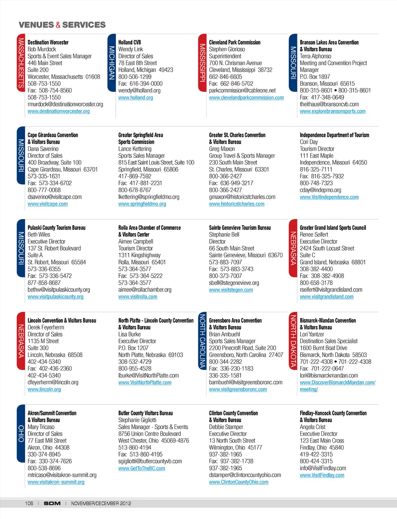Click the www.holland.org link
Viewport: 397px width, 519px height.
135,98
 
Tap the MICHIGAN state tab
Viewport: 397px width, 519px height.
112,63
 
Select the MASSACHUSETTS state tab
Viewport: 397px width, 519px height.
21,63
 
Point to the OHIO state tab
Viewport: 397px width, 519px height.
21,433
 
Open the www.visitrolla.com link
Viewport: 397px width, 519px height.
137,297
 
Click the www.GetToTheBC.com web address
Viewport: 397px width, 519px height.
141,468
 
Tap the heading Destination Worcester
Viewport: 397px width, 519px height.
48,42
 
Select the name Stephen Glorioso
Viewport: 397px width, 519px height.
227,49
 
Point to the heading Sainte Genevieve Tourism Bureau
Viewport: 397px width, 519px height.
239,228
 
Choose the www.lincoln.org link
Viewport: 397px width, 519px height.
44,389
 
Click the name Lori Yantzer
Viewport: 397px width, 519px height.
312,334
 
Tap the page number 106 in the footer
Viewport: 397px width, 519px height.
29,503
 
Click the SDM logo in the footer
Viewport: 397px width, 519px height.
52,503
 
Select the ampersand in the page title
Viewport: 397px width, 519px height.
58,25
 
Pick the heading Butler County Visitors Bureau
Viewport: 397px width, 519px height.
145,413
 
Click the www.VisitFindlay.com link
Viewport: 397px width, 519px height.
322,475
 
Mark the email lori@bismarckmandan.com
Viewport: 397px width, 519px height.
328,376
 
